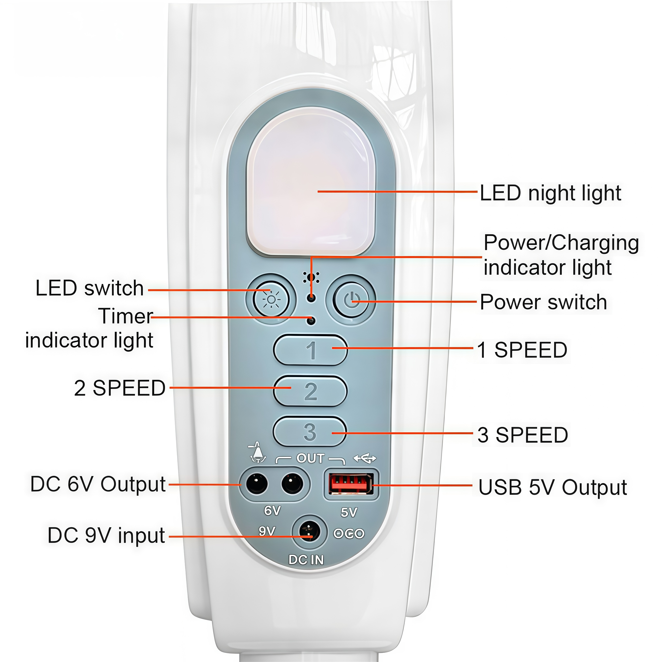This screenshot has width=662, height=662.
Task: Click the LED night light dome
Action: (311, 182)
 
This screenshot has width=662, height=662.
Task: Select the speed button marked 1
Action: (310, 350)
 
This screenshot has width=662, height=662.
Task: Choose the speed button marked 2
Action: (310, 391)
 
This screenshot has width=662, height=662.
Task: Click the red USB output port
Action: (351, 484)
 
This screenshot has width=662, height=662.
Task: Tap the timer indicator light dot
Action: (311, 321)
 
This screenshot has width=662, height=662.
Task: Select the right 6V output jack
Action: (292, 484)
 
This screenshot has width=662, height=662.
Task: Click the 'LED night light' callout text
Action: (550, 193)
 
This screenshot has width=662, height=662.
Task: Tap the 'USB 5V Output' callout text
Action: (552, 487)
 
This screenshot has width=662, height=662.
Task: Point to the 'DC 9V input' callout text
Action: (106, 535)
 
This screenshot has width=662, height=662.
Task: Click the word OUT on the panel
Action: (310, 458)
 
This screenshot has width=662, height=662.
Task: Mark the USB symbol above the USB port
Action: (365, 458)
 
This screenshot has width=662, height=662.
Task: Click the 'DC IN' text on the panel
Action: (306, 560)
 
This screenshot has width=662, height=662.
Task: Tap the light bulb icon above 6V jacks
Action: (258, 452)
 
